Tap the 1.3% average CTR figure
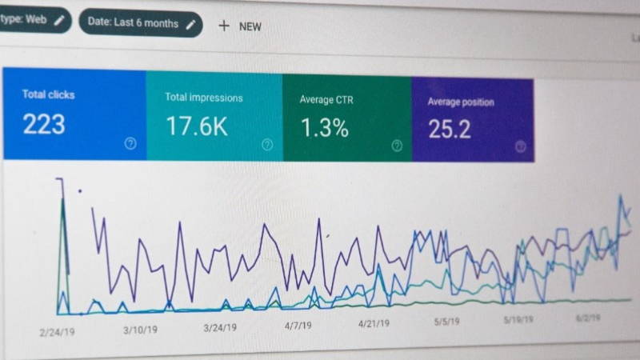[x=324, y=126]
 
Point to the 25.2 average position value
[x=449, y=129]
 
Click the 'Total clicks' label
[x=48, y=94]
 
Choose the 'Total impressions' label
[x=203, y=98]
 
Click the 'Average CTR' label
[x=326, y=100]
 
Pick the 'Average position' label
[x=460, y=102]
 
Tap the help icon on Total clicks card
[x=130, y=143]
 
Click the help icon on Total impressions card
[x=267, y=145]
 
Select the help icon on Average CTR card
[x=397, y=146]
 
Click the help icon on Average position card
[x=520, y=146]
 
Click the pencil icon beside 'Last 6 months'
[x=190, y=24]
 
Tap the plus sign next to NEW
[x=223, y=26]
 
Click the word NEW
[x=250, y=26]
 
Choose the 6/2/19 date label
[x=588, y=318]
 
